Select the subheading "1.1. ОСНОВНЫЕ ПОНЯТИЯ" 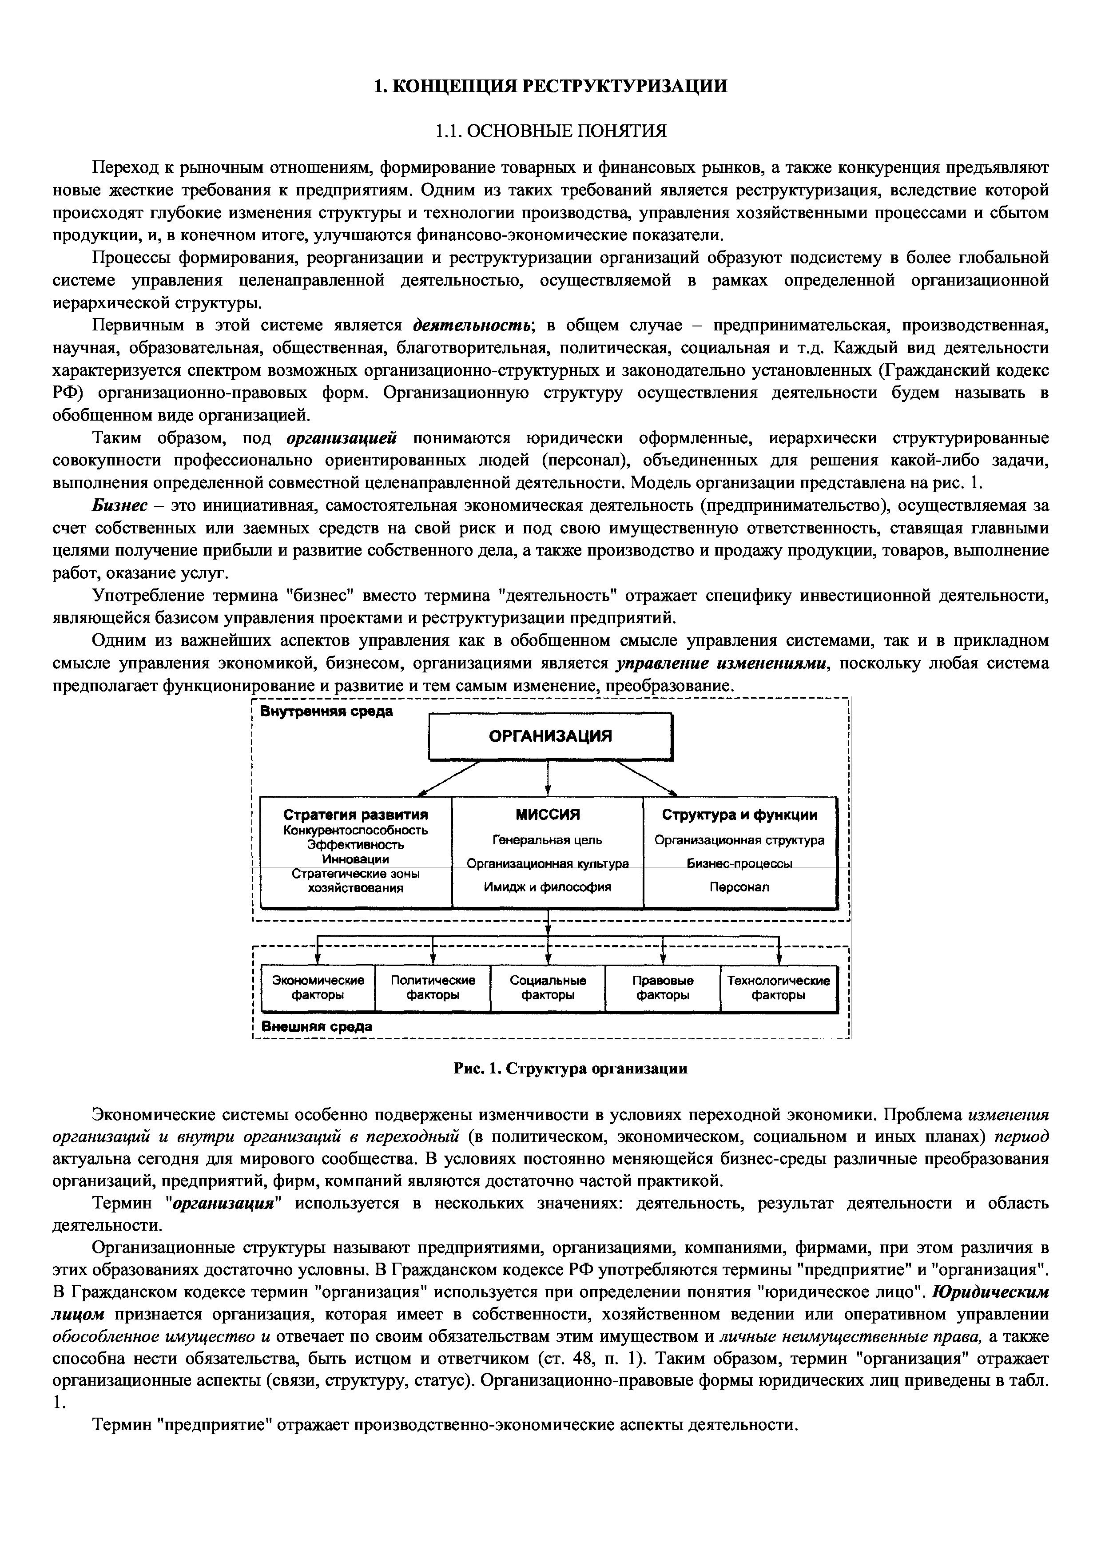[x=550, y=130]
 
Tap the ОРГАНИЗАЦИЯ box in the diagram [x=550, y=736]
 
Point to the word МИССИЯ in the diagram [x=548, y=814]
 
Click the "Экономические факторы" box [x=318, y=988]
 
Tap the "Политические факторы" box [x=433, y=988]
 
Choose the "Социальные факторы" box [x=548, y=988]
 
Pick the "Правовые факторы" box [x=662, y=988]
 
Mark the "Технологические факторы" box [x=778, y=988]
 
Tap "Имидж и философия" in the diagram [x=548, y=887]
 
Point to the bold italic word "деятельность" [x=472, y=326]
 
